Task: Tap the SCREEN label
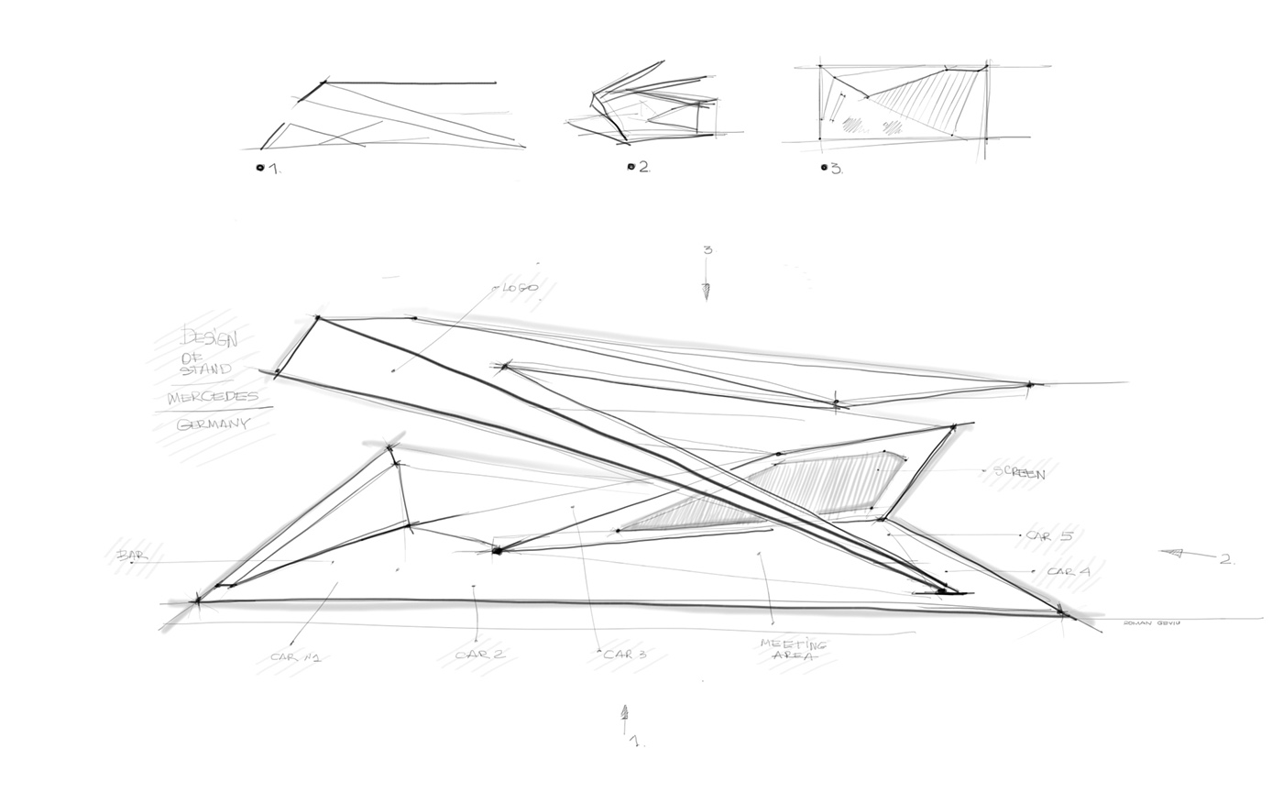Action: pos(1019,473)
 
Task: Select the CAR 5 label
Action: pos(1047,535)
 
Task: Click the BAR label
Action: pos(126,556)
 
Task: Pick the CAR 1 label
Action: pos(294,657)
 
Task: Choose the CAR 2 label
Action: pos(480,655)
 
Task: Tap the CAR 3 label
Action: pos(625,654)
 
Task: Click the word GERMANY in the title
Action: pos(213,425)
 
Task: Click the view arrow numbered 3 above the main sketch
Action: pos(707,290)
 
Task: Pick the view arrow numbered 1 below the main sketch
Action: pos(625,714)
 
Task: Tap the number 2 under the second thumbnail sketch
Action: pos(644,167)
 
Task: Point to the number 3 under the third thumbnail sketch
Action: pos(836,169)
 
